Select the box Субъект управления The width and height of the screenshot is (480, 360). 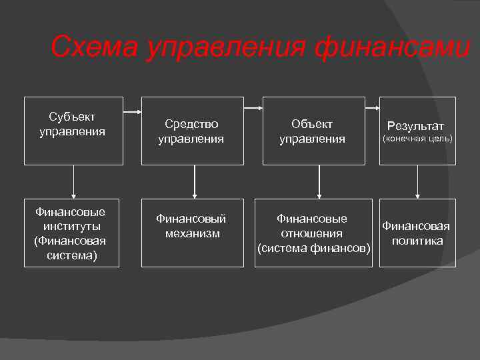tap(73, 131)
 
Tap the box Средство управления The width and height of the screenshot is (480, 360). tap(192, 131)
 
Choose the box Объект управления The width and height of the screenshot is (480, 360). tap(313, 131)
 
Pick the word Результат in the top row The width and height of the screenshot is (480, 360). tap(417, 126)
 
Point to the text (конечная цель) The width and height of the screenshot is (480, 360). tap(417, 139)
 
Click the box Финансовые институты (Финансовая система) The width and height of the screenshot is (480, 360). tap(71, 233)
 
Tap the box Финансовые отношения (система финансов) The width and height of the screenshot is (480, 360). tap(313, 233)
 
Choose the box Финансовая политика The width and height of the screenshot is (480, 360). tap(417, 233)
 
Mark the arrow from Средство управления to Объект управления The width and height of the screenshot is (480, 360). tap(253, 107)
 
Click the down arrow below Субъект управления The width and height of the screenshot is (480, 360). tap(73, 181)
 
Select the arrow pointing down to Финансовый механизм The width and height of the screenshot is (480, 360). tap(194, 181)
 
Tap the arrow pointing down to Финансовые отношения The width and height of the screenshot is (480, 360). tap(319, 181)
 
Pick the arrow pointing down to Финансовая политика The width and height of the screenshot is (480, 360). tap(417, 181)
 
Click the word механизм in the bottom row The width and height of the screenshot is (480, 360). tap(192, 234)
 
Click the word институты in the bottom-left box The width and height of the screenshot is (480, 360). tap(71, 227)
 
